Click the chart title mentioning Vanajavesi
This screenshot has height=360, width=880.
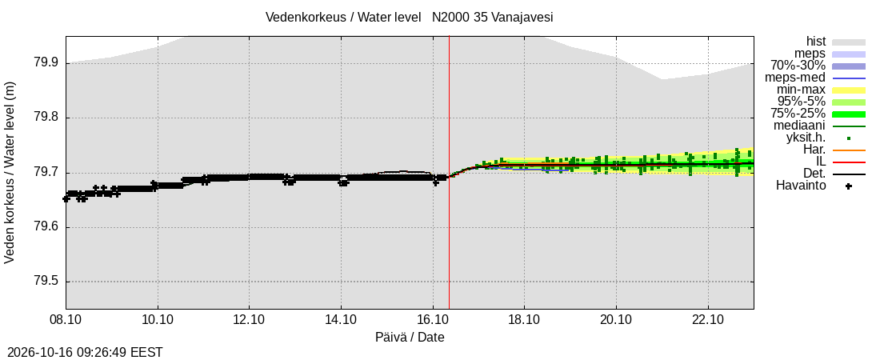pyautogui.click(x=409, y=18)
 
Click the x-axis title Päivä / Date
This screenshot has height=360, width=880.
pyautogui.click(x=410, y=338)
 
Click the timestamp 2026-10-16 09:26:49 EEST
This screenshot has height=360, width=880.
pyautogui.click(x=82, y=353)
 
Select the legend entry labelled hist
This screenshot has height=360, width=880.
pyautogui.click(x=815, y=41)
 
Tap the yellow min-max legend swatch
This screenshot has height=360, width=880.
pyautogui.click(x=849, y=90)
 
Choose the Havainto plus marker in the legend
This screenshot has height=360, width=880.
pyautogui.click(x=849, y=186)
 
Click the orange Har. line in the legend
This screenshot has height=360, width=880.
pyautogui.click(x=849, y=150)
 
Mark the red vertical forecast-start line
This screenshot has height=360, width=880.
pyautogui.click(x=449, y=173)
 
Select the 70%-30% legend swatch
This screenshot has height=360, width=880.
pyautogui.click(x=849, y=66)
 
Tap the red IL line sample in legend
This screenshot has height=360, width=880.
pyautogui.click(x=849, y=162)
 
